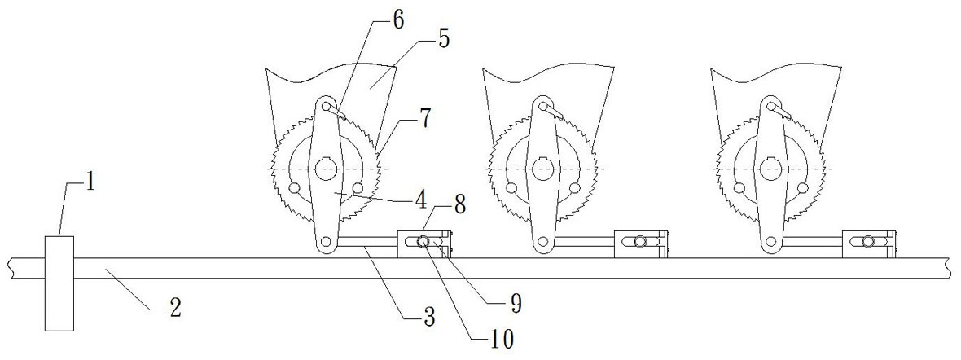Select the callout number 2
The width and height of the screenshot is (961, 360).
(x=173, y=308)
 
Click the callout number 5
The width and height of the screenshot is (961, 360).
(x=445, y=38)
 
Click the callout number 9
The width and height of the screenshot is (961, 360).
(x=515, y=303)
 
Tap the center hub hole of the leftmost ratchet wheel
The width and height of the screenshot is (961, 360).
(x=326, y=169)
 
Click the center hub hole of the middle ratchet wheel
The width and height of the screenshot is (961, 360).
(x=542, y=169)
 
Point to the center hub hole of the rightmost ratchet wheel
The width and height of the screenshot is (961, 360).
(x=769, y=169)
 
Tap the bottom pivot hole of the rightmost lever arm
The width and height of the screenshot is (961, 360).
(x=769, y=242)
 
